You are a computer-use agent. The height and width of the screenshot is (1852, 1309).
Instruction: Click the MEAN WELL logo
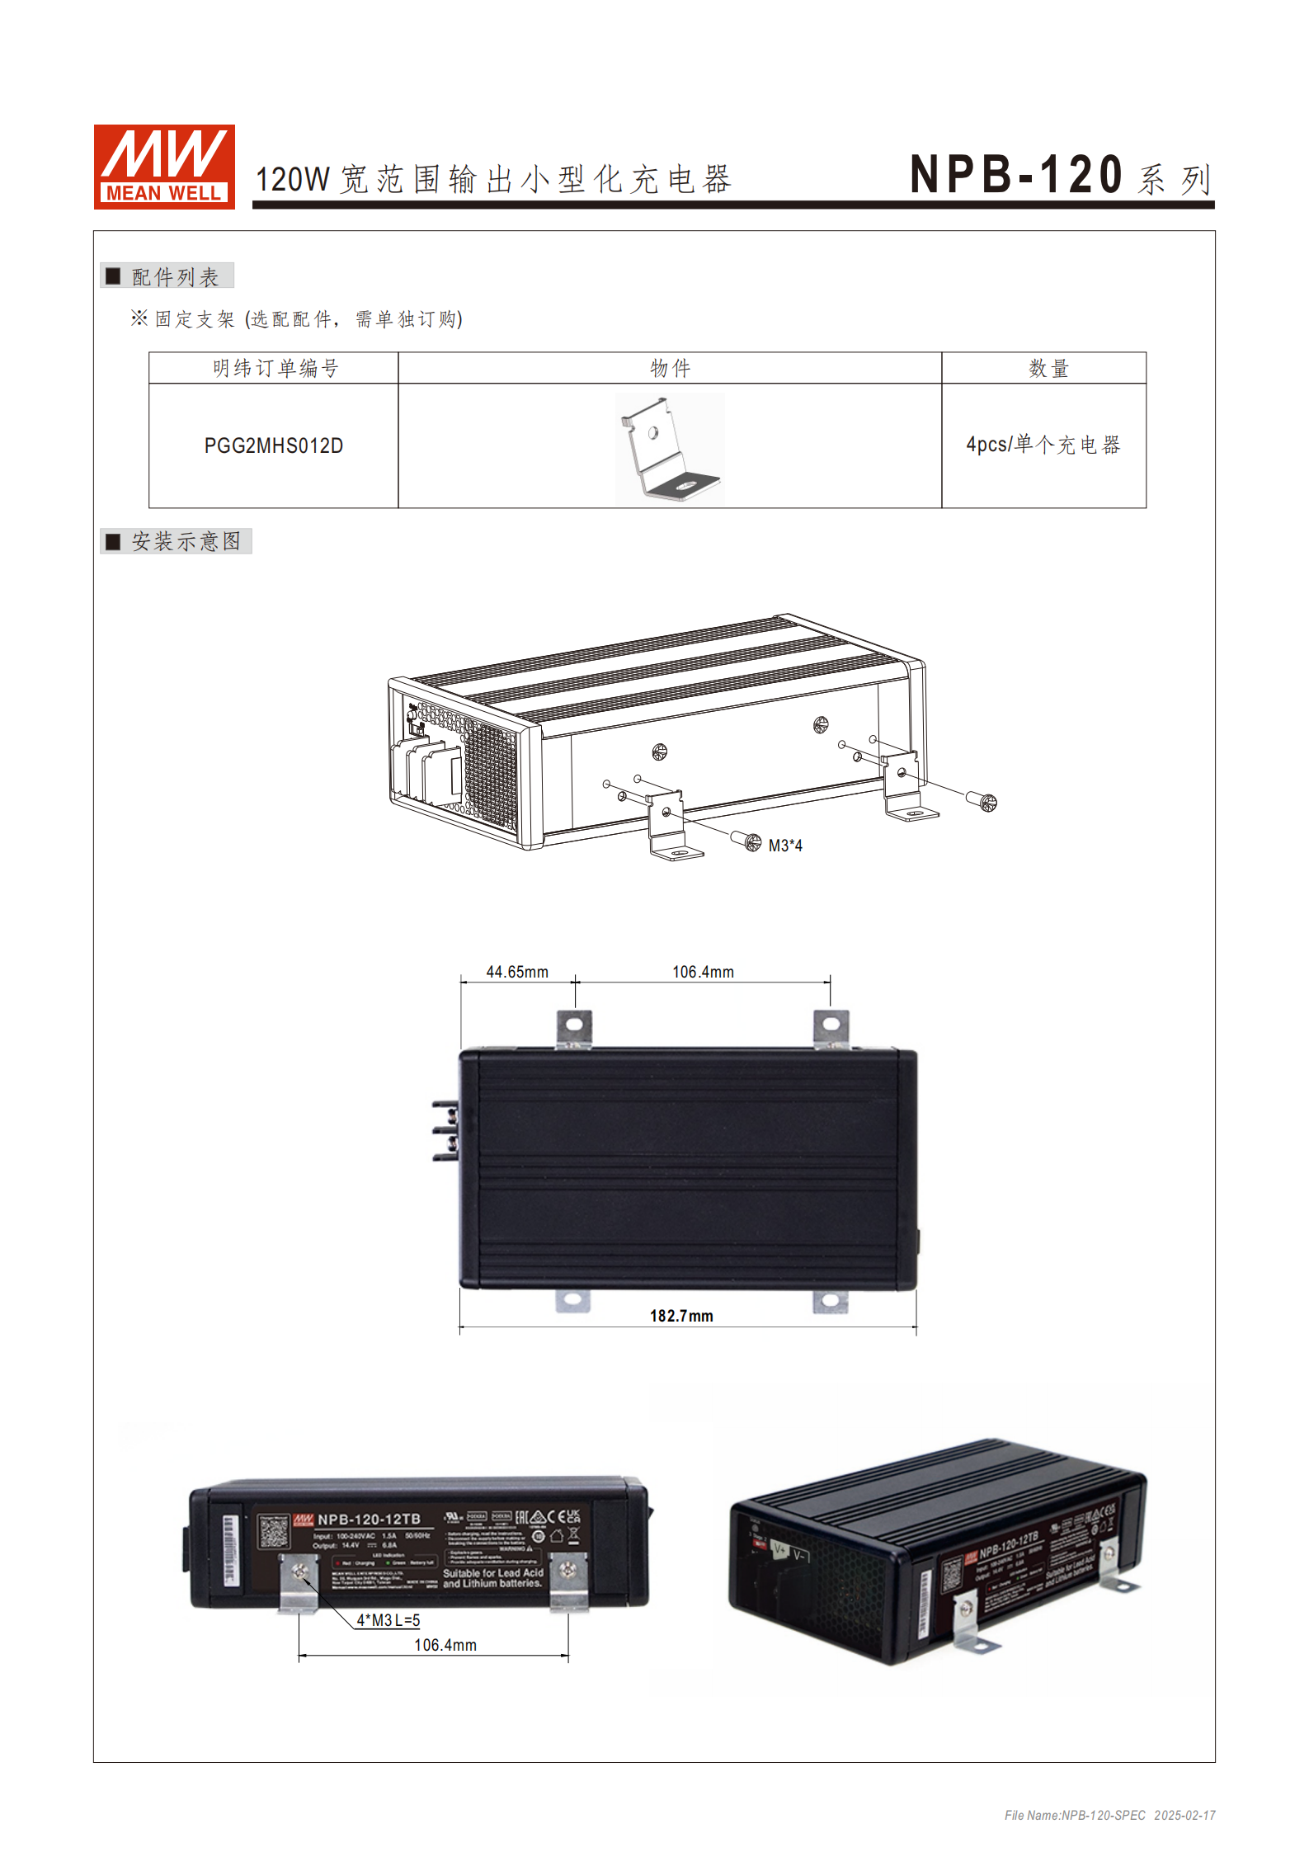pyautogui.click(x=164, y=167)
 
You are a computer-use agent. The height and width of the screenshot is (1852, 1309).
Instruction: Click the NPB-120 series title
pyautogui.click(x=1059, y=175)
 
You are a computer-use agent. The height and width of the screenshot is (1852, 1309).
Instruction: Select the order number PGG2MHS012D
pyautogui.click(x=273, y=446)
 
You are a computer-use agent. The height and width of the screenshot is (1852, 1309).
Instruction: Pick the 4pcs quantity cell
pyautogui.click(x=1043, y=445)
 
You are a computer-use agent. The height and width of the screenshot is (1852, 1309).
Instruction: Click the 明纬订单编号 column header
pyautogui.click(x=275, y=369)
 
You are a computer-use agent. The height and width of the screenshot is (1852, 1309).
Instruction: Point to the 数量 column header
pyautogui.click(x=1048, y=369)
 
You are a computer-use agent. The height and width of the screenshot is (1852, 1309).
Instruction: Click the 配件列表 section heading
pyautogui.click(x=174, y=277)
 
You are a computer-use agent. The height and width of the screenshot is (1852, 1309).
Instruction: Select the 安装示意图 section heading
pyautogui.click(x=186, y=542)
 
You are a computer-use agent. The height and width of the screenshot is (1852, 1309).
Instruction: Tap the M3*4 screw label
pyautogui.click(x=784, y=846)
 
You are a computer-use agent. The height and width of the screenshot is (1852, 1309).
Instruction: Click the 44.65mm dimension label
pyautogui.click(x=517, y=972)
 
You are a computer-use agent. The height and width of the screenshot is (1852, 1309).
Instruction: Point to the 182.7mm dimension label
pyautogui.click(x=681, y=1316)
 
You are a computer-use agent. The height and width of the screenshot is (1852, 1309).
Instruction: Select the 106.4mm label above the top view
pyautogui.click(x=703, y=972)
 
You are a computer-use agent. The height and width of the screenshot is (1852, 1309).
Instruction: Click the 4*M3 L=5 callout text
pyautogui.click(x=388, y=1620)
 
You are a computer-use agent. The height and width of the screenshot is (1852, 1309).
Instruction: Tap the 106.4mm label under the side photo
pyautogui.click(x=445, y=1645)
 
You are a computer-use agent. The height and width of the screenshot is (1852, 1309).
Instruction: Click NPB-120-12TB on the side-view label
pyautogui.click(x=369, y=1519)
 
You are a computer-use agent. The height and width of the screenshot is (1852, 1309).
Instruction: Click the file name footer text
pyautogui.click(x=1109, y=1815)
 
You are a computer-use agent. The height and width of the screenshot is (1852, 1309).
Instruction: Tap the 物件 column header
pyautogui.click(x=670, y=369)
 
